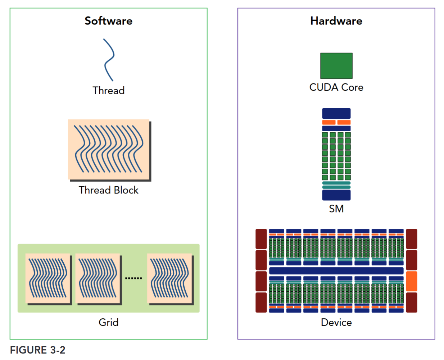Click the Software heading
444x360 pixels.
(x=108, y=21)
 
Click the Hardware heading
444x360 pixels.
(x=336, y=21)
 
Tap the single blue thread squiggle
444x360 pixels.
(x=109, y=60)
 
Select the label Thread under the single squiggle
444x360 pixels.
(x=108, y=90)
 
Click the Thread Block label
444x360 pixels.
(x=108, y=190)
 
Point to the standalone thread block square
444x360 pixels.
(x=109, y=149)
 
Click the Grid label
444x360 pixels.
(x=108, y=322)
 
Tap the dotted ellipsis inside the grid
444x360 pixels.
(x=133, y=278)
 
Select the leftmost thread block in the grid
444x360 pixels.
(x=48, y=278)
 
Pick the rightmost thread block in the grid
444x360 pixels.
(x=169, y=278)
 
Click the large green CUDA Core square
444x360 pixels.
(x=336, y=66)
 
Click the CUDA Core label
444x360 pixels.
(x=336, y=87)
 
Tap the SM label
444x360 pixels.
(x=336, y=209)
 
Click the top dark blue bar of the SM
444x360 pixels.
(x=336, y=113)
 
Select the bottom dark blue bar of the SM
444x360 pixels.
(x=336, y=195)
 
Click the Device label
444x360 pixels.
(x=336, y=322)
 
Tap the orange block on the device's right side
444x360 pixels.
(x=411, y=281)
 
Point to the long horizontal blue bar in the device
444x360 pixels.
(x=336, y=271)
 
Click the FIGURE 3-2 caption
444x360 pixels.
(x=38, y=350)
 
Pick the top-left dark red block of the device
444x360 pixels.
(x=261, y=239)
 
